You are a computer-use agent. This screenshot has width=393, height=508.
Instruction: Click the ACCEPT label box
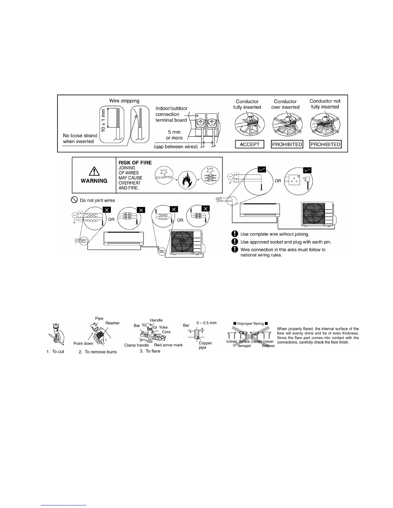click(249, 144)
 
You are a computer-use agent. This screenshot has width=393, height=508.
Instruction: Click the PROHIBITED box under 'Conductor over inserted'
click(287, 144)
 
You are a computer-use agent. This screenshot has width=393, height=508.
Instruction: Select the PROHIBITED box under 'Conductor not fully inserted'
click(325, 144)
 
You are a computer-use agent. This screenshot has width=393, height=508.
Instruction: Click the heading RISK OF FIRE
click(135, 163)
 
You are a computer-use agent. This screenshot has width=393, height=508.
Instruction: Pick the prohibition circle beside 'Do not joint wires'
click(74, 200)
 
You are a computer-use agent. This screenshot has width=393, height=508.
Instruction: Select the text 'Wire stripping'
click(124, 101)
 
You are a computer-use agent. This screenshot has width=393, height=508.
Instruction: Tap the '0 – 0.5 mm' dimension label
click(206, 323)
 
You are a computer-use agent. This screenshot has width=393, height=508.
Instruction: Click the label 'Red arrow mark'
click(168, 345)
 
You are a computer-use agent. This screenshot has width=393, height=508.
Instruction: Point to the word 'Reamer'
click(112, 323)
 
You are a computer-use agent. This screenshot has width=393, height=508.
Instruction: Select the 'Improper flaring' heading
click(250, 324)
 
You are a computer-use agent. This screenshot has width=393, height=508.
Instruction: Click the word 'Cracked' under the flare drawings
click(256, 342)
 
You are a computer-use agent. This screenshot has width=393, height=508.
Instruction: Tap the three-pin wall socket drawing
click(294, 181)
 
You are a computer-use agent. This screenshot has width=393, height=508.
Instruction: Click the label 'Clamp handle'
click(136, 345)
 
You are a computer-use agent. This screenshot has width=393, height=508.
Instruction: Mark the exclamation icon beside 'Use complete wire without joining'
click(235, 234)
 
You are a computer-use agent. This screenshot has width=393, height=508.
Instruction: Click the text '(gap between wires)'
click(176, 147)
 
